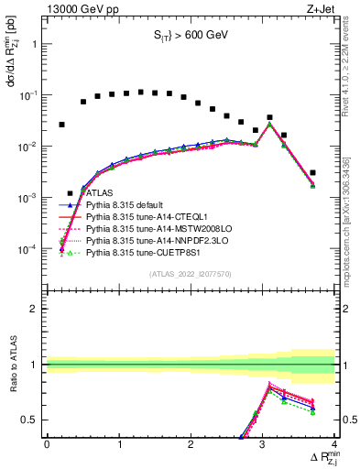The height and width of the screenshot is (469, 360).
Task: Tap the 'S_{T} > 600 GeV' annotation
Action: pos(191,38)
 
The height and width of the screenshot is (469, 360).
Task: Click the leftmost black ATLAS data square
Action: pos(61,125)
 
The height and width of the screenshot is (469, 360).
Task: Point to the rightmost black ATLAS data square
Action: pos(313,172)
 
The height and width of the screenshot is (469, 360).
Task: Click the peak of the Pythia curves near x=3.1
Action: pos(269,124)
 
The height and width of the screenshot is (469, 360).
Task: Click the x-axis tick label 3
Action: pos(263,446)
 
